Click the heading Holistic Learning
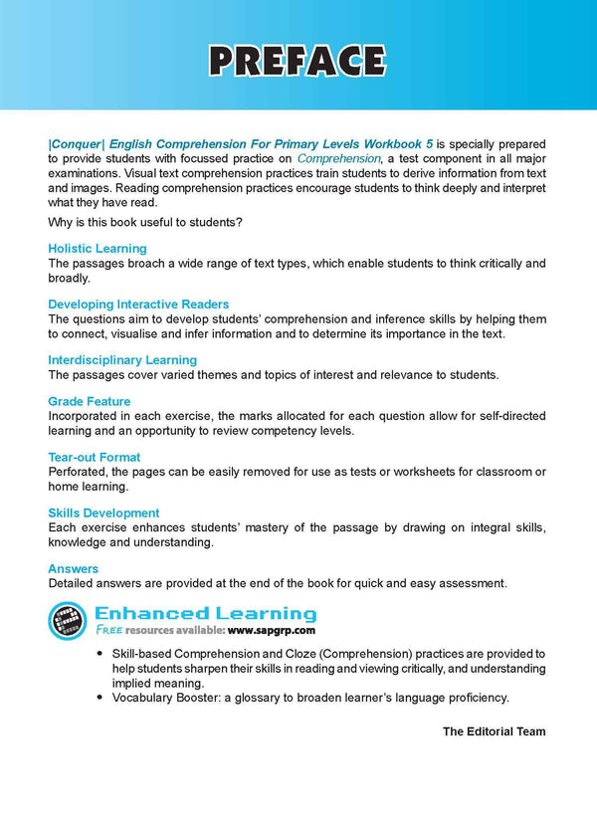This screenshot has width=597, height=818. click(97, 248)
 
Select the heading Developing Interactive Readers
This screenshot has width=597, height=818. click(138, 304)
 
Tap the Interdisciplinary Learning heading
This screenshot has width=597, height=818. click(122, 359)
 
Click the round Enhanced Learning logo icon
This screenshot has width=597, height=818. click(68, 621)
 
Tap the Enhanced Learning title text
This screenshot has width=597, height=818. click(205, 613)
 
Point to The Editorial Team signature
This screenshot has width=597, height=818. click(494, 731)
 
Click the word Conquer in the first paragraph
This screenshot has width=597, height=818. click(73, 144)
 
